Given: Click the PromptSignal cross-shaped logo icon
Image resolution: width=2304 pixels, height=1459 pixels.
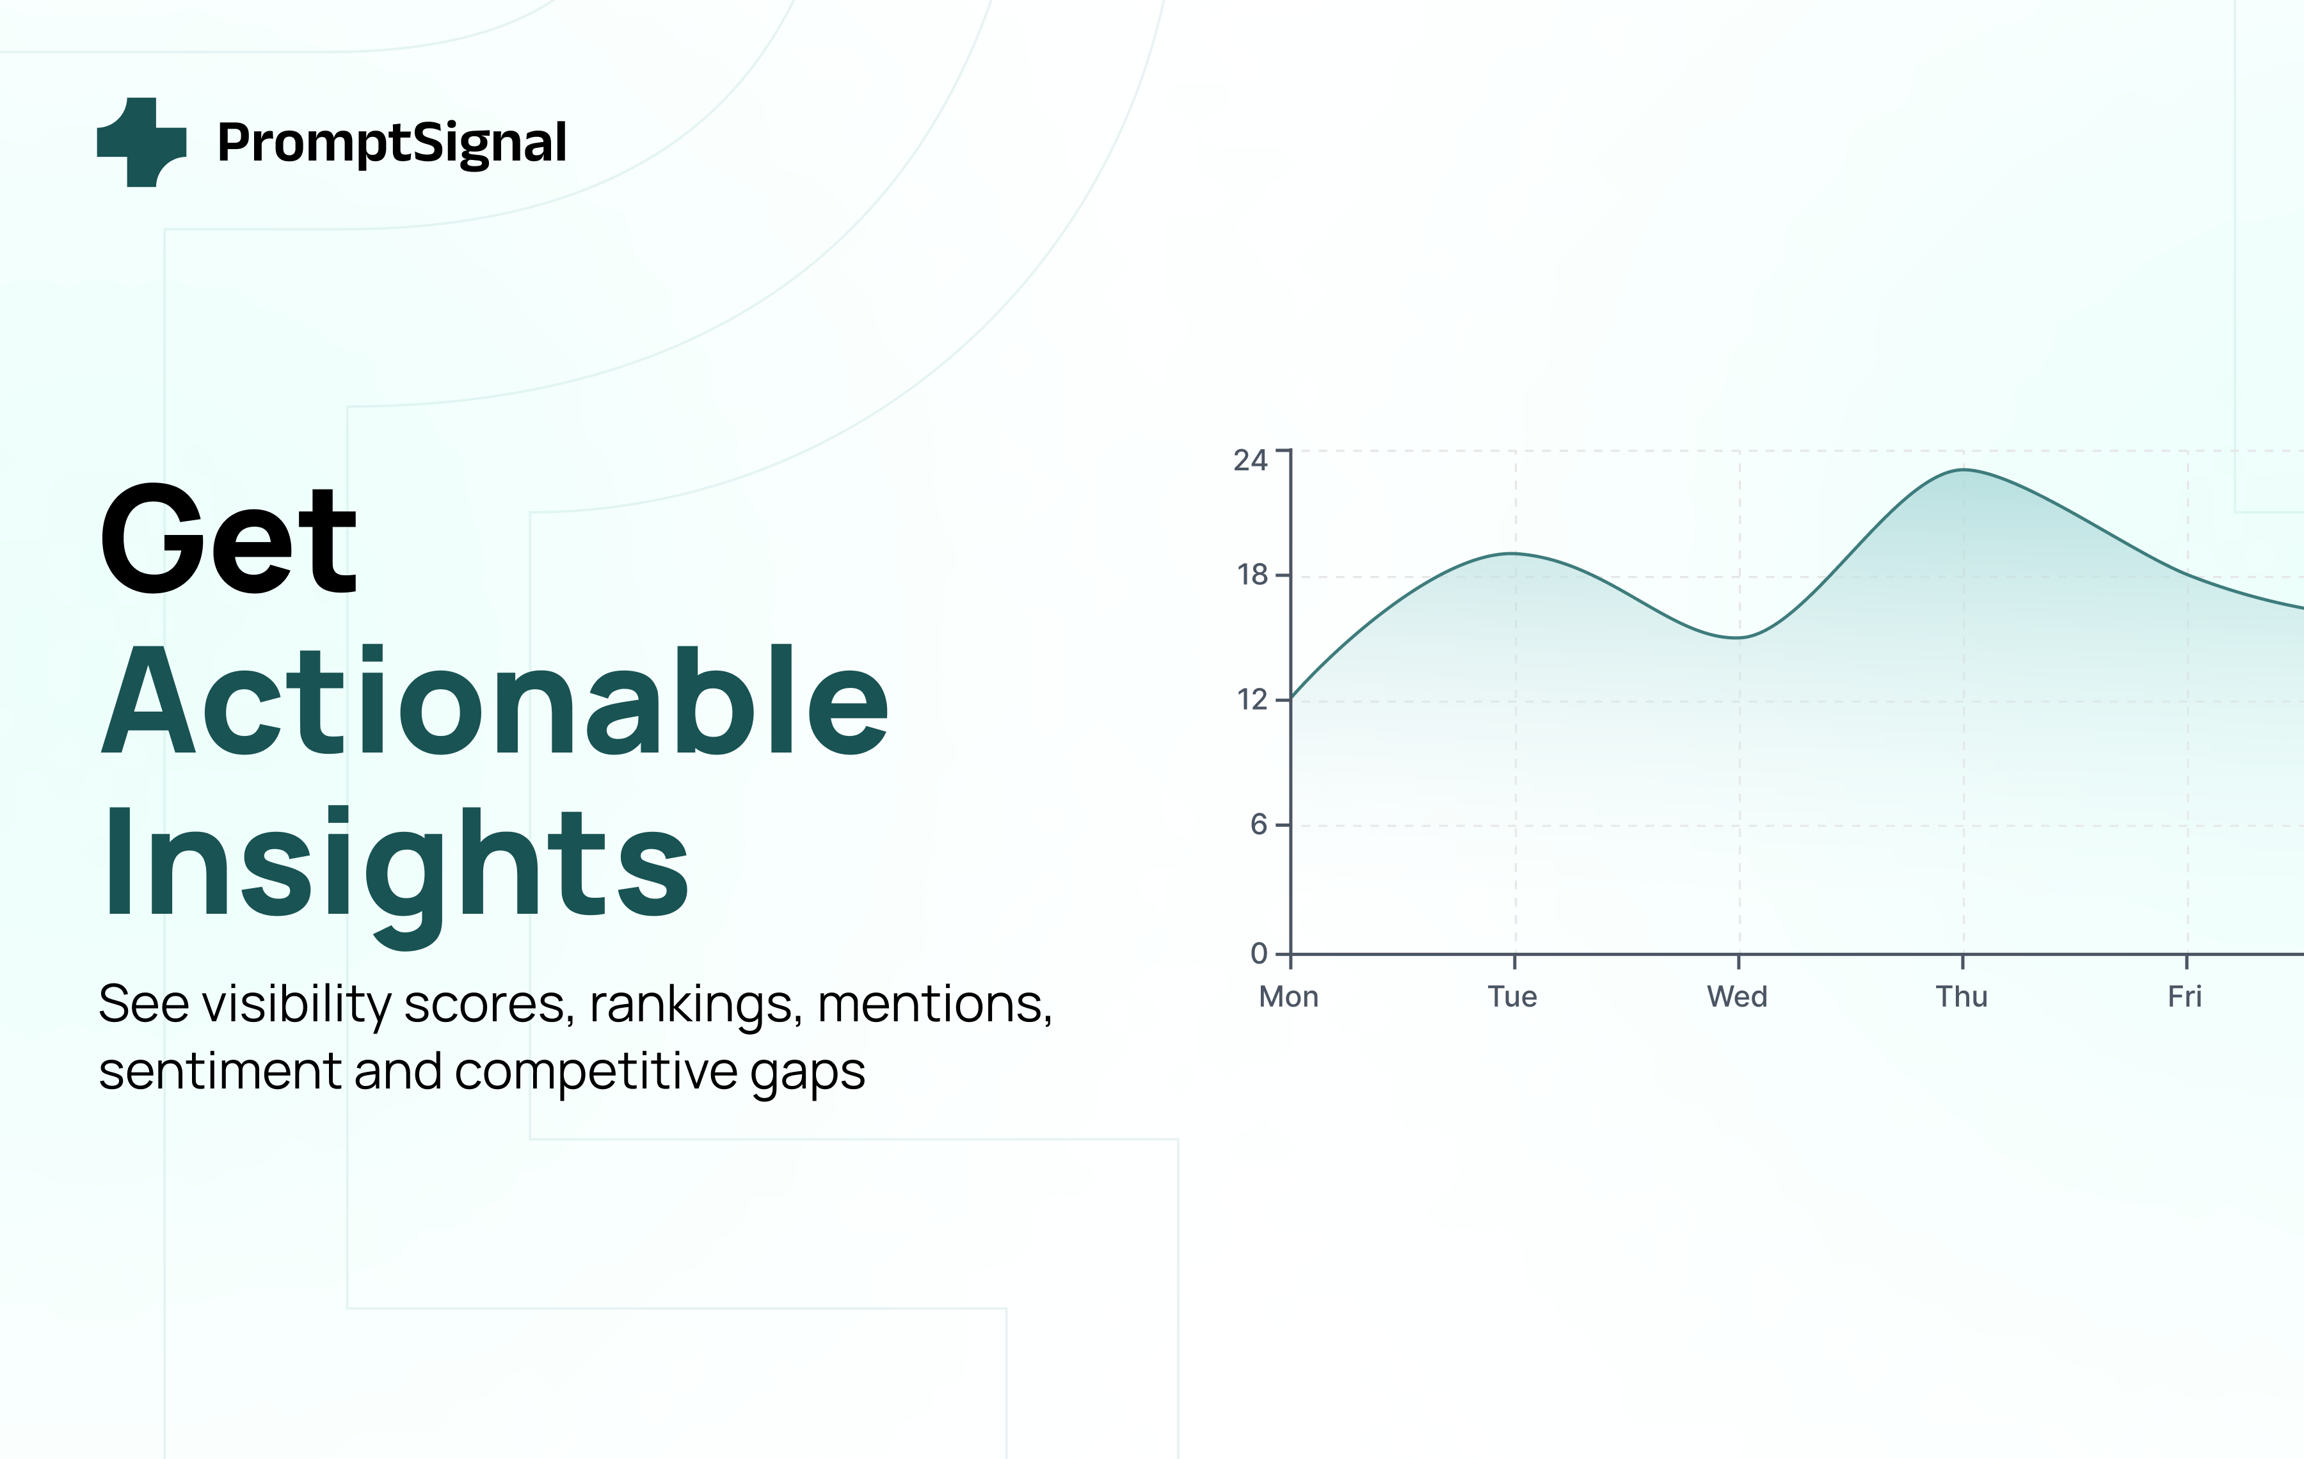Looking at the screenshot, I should pos(141,141).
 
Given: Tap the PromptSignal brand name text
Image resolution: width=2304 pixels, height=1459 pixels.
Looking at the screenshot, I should pos(391,143).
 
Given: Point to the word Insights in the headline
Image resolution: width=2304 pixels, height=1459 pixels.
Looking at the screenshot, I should pos(395,864).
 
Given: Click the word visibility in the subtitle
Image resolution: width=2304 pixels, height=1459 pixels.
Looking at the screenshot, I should pos(296,1005).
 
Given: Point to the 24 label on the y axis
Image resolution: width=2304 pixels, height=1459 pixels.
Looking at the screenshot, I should pos(1249,461).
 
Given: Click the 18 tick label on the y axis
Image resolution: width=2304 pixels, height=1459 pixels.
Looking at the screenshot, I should pos(1251,575).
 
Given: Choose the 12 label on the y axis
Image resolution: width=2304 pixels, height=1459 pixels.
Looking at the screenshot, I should pos(1251,700).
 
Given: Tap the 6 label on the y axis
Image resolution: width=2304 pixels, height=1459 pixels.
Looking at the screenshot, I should pos(1258,825).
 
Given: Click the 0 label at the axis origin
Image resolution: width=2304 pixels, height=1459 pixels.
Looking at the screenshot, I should pos(1258,953).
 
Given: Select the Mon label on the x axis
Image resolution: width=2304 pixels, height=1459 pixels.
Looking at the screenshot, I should pos(1288,997).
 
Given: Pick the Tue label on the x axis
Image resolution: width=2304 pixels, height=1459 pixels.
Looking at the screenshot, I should pos(1512,997).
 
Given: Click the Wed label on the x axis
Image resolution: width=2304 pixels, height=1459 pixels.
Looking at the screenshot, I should pos(1736,997).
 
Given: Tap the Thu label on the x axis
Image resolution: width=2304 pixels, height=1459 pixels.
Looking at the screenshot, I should pos(1962,997).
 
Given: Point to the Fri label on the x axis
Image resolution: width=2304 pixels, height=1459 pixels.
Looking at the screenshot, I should pos(2184,997).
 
